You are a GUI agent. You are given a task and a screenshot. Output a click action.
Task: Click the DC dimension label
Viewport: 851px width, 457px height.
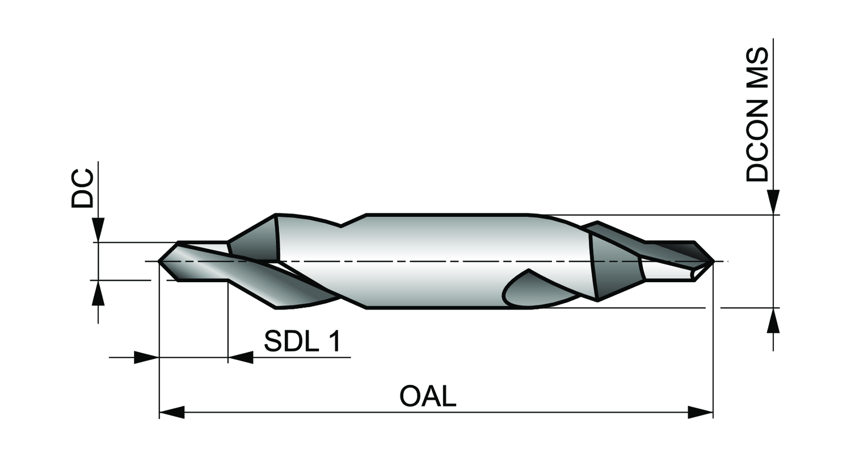[83, 188]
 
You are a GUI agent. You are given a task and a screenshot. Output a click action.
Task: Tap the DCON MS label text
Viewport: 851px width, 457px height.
[757, 115]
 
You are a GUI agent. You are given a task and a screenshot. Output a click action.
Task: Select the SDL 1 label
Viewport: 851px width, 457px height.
[302, 341]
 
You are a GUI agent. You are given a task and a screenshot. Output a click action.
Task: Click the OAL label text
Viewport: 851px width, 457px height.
[428, 396]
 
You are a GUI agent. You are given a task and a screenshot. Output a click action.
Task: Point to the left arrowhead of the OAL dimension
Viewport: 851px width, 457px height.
[172, 412]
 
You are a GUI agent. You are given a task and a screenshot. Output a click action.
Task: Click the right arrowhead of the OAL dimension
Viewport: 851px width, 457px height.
[701, 412]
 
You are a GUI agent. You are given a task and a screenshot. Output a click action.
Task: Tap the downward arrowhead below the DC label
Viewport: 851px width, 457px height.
[98, 230]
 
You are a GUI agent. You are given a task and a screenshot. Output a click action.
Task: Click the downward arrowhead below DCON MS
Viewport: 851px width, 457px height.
[773, 202]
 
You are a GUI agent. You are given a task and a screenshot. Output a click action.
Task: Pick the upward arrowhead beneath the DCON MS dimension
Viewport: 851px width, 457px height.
[773, 320]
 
